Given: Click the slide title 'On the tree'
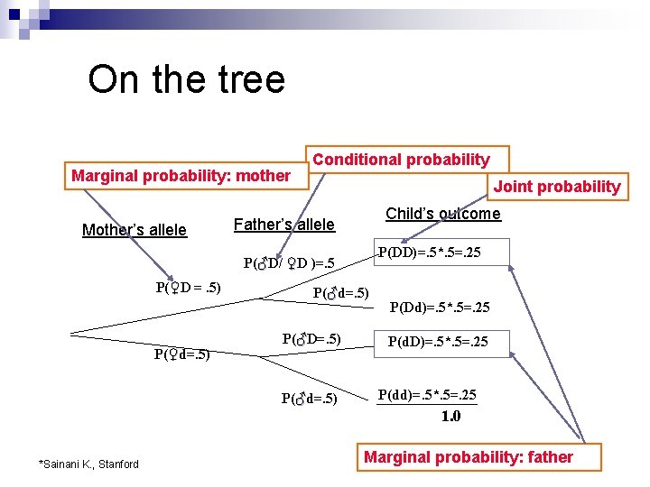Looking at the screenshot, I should pyautogui.click(x=186, y=80).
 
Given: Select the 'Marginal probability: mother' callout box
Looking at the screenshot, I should pyautogui.click(x=181, y=176).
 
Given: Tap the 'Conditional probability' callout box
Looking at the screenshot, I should pyautogui.click(x=402, y=160).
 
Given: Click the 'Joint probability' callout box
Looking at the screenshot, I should pyautogui.click(x=556, y=187).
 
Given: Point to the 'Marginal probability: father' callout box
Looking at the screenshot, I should pyautogui.click(x=468, y=457).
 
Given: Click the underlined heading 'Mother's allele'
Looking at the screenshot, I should pyautogui.click(x=135, y=230).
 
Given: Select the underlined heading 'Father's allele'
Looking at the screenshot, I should pyautogui.click(x=284, y=225).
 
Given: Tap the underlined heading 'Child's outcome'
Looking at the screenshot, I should pyautogui.click(x=442, y=214).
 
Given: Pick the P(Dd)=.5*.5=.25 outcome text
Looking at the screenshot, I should pyautogui.click(x=440, y=308).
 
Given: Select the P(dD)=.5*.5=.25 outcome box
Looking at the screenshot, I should pyautogui.click(x=439, y=342).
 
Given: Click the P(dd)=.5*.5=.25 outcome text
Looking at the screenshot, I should pyautogui.click(x=427, y=395).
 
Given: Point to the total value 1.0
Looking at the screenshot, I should pyautogui.click(x=450, y=416).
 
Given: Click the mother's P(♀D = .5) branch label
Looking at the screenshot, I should pyautogui.click(x=188, y=288).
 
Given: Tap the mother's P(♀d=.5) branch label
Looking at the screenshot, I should pyautogui.click(x=181, y=354).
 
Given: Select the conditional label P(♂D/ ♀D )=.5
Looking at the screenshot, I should pyautogui.click(x=289, y=264).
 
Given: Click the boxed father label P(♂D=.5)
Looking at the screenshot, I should pyautogui.click(x=311, y=339).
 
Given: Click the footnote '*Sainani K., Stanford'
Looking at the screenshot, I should pyautogui.click(x=88, y=464).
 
